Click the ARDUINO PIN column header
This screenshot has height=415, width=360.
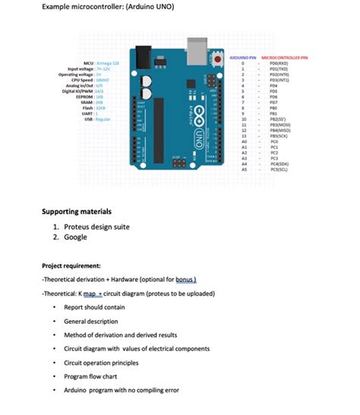(243, 57)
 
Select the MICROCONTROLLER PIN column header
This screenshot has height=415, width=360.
(283, 57)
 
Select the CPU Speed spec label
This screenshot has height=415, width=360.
(81, 79)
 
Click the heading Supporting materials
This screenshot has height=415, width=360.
(77, 211)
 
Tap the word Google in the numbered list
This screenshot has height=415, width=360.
(75, 237)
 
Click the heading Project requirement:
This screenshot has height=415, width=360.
(71, 266)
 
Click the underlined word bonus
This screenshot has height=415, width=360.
(185, 280)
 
